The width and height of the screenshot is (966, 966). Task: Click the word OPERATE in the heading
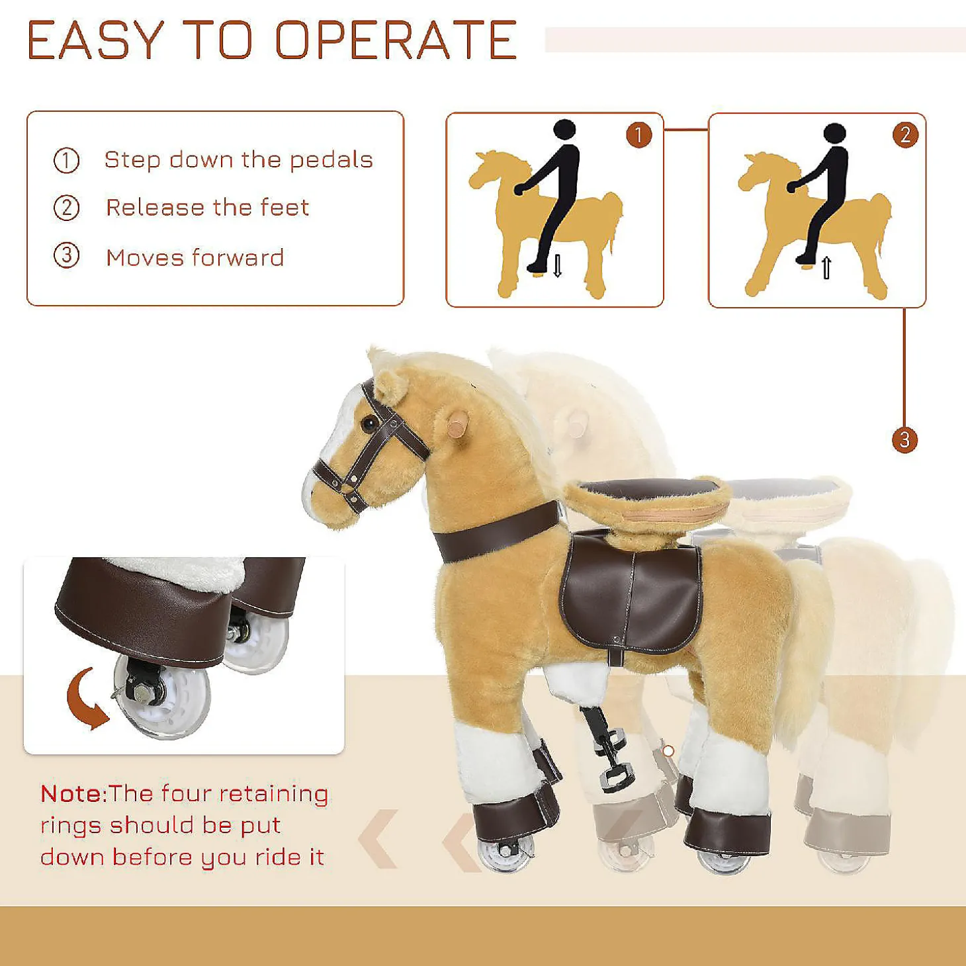(x=396, y=40)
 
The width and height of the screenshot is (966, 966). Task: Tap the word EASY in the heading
(x=96, y=40)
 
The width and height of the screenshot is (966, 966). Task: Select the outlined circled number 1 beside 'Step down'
(x=66, y=161)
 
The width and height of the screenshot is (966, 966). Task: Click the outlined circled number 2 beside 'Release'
(x=66, y=208)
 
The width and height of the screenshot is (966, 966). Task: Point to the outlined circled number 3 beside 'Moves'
(x=66, y=256)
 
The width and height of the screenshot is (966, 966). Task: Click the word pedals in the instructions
(x=331, y=160)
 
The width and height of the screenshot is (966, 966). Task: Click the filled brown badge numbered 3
(x=904, y=440)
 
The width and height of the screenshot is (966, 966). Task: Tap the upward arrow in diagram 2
(x=826, y=268)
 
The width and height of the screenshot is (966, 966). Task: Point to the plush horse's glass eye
(x=369, y=423)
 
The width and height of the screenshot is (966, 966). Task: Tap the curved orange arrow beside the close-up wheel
(x=86, y=699)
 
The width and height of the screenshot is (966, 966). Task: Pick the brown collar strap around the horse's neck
(x=496, y=531)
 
